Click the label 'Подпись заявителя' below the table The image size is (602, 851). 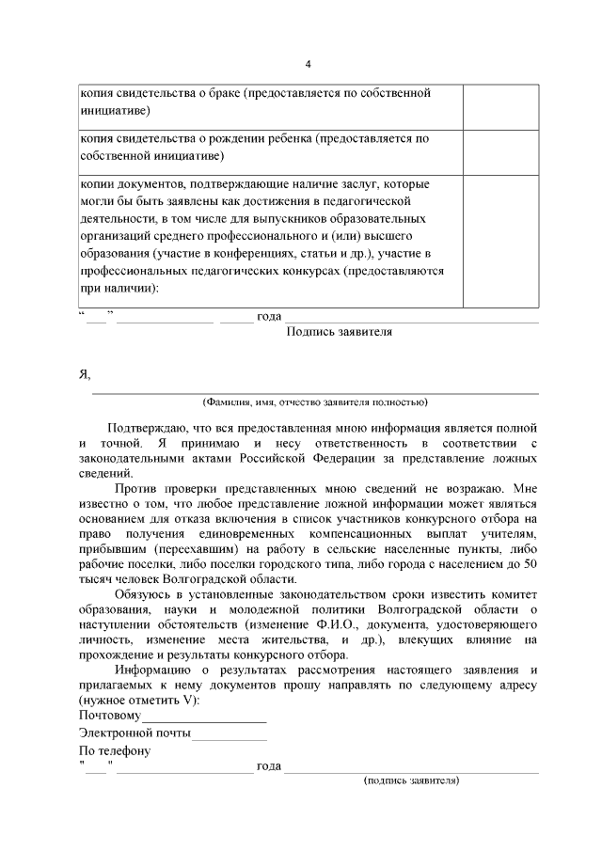[339, 331]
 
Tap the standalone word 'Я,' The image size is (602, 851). [85, 374]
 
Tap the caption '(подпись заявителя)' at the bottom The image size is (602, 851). [411, 780]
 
